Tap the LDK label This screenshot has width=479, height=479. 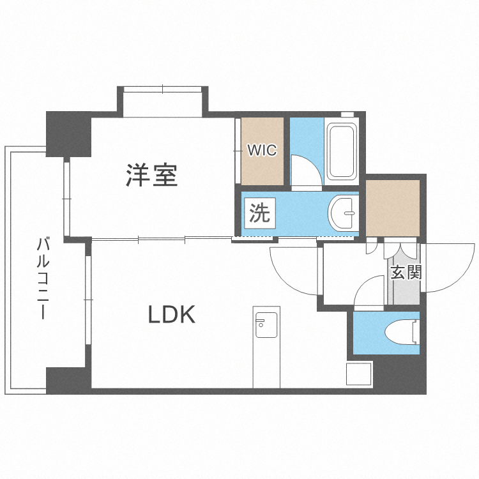[172, 314]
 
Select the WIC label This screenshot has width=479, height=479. [262, 151]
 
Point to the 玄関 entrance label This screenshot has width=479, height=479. [405, 273]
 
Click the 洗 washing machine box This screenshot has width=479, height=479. [259, 213]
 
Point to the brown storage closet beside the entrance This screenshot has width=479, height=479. [393, 208]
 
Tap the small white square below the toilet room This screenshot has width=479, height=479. [359, 374]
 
